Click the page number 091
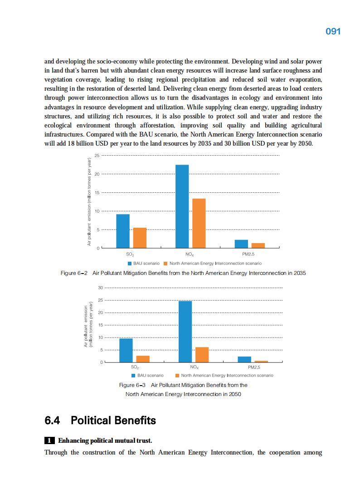tap(333, 31)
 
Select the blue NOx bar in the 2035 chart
tap(182, 206)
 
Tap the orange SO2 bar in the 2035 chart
tap(140, 238)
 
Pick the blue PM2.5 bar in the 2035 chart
tap(241, 244)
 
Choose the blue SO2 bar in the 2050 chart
tap(126, 350)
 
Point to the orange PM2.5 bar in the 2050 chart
tap(261, 361)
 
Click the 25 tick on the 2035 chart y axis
tap(97, 156)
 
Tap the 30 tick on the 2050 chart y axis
tap(101, 288)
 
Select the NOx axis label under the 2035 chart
tap(190, 254)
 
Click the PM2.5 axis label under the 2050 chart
tap(254, 367)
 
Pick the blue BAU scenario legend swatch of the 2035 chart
tap(130, 264)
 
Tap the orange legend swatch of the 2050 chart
tap(177, 376)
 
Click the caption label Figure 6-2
tap(73, 273)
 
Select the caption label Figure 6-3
tap(132, 385)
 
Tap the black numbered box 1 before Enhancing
tap(49, 440)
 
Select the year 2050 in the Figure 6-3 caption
tap(235, 394)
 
